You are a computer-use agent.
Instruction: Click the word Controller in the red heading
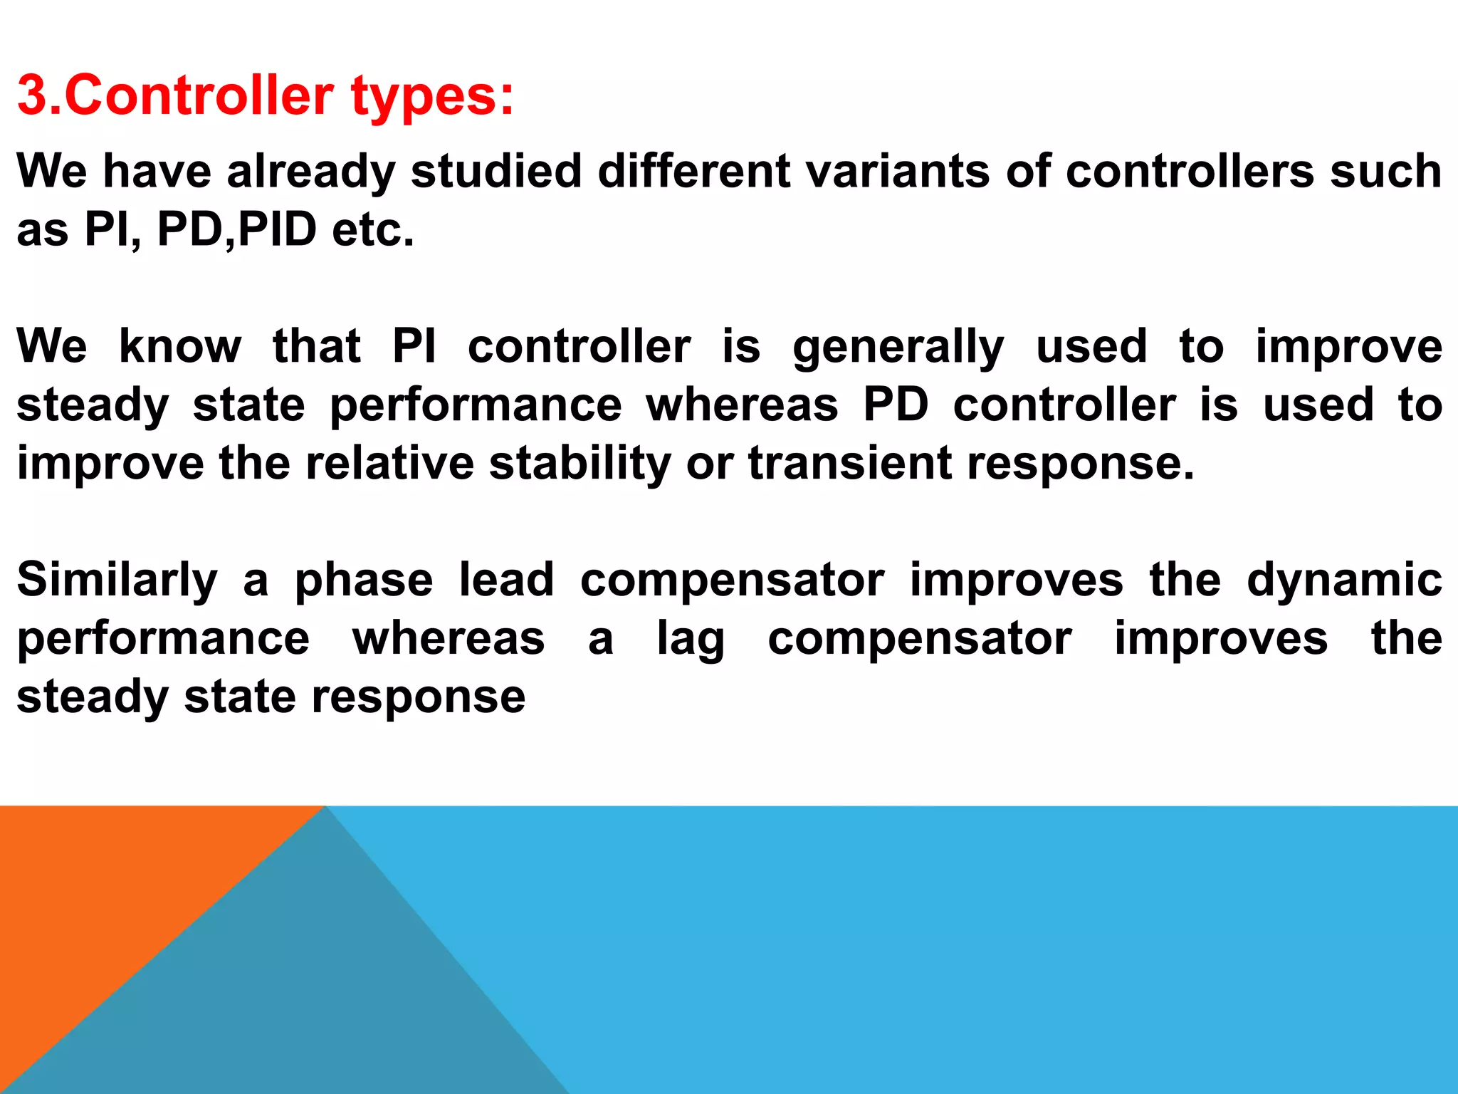pos(199,95)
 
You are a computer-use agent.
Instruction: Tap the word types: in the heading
pos(432,97)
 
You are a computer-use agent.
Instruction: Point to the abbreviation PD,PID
pos(236,229)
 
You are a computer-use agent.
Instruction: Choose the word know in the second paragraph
pos(180,346)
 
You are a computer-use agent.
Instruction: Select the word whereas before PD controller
pos(742,405)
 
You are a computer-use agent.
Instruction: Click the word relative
pos(389,463)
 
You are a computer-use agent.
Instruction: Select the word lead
pos(506,580)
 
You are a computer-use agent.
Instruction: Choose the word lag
pos(690,640)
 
